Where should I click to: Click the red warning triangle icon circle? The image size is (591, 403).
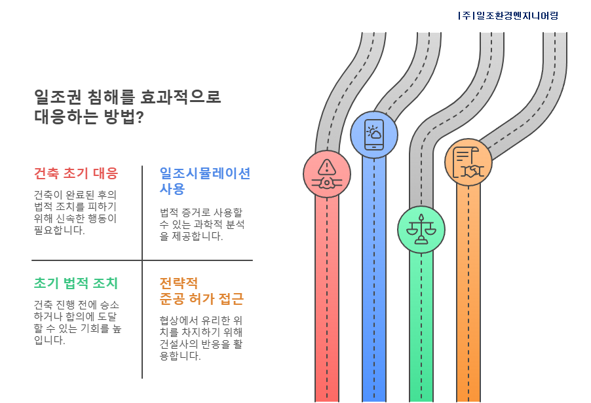tap(326, 174)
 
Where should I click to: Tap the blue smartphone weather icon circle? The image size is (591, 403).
tap(373, 135)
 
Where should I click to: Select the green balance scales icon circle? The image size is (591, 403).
tap(421, 230)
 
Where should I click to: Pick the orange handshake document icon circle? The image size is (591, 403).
tap(468, 162)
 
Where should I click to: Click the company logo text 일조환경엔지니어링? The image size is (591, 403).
tap(509, 16)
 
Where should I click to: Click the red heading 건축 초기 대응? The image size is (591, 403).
tap(76, 173)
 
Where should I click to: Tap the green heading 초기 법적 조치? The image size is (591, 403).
tap(76, 283)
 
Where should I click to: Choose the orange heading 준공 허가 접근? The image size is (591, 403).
tap(202, 300)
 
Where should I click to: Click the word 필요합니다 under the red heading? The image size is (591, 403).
tap(59, 231)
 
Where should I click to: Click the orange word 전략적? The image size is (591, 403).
tap(178, 283)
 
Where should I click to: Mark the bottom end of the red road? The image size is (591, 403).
tap(326, 398)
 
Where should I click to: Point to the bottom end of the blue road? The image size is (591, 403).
tap(373, 398)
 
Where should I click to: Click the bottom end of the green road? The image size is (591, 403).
tap(421, 398)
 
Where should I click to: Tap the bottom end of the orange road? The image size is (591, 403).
tap(468, 398)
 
